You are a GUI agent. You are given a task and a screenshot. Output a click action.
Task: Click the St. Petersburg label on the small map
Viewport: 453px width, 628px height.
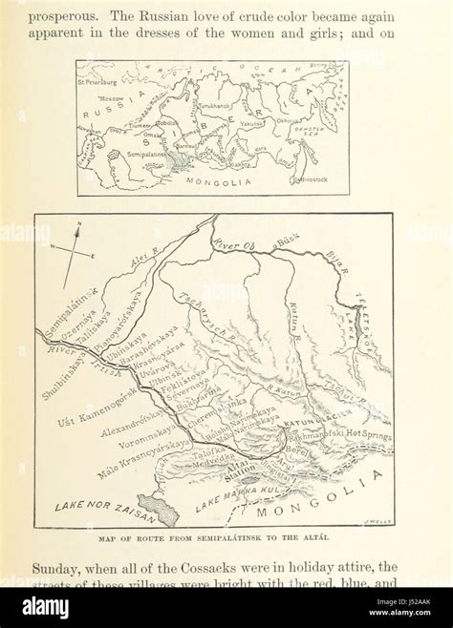tap(106, 82)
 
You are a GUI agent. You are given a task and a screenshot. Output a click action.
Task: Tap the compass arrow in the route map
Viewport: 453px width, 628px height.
tap(71, 254)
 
